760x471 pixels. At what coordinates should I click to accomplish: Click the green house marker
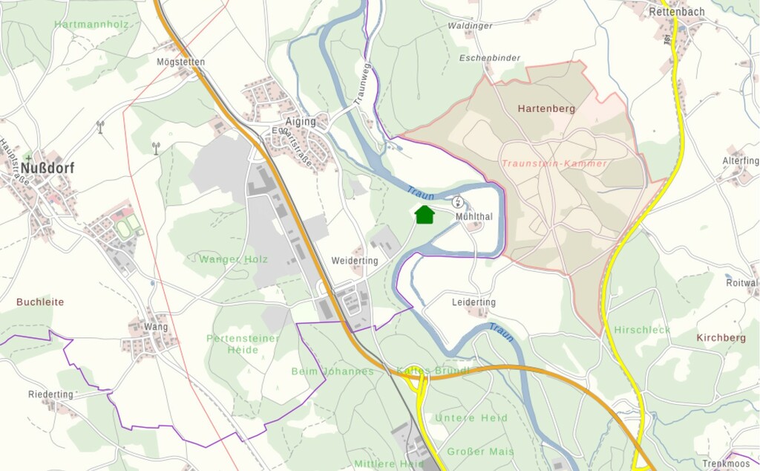point(425,215)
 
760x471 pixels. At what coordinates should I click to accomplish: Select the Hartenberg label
point(546,108)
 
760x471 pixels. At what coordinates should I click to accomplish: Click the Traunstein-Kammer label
point(554,163)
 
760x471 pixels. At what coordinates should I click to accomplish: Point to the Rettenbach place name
point(676,12)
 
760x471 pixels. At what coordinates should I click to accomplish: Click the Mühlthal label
point(475,217)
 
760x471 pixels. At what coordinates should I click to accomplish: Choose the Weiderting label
point(355,261)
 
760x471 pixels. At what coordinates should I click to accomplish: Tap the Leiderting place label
point(474,302)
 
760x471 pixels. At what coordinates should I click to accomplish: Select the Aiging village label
point(301,122)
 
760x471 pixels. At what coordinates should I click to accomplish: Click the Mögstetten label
point(181,62)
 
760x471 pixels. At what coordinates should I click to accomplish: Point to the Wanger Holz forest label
point(233,259)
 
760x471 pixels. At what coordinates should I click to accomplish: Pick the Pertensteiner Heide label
point(243,344)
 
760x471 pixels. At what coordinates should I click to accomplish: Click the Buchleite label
point(40,302)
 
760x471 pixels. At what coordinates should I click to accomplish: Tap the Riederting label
point(51,394)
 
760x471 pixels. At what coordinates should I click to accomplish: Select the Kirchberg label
point(721,337)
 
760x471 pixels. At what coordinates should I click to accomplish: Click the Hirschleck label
point(642,330)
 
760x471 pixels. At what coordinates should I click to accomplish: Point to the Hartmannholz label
point(91,25)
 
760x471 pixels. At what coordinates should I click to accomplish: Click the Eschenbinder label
point(489,58)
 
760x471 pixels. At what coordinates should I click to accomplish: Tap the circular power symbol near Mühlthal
point(458,201)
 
